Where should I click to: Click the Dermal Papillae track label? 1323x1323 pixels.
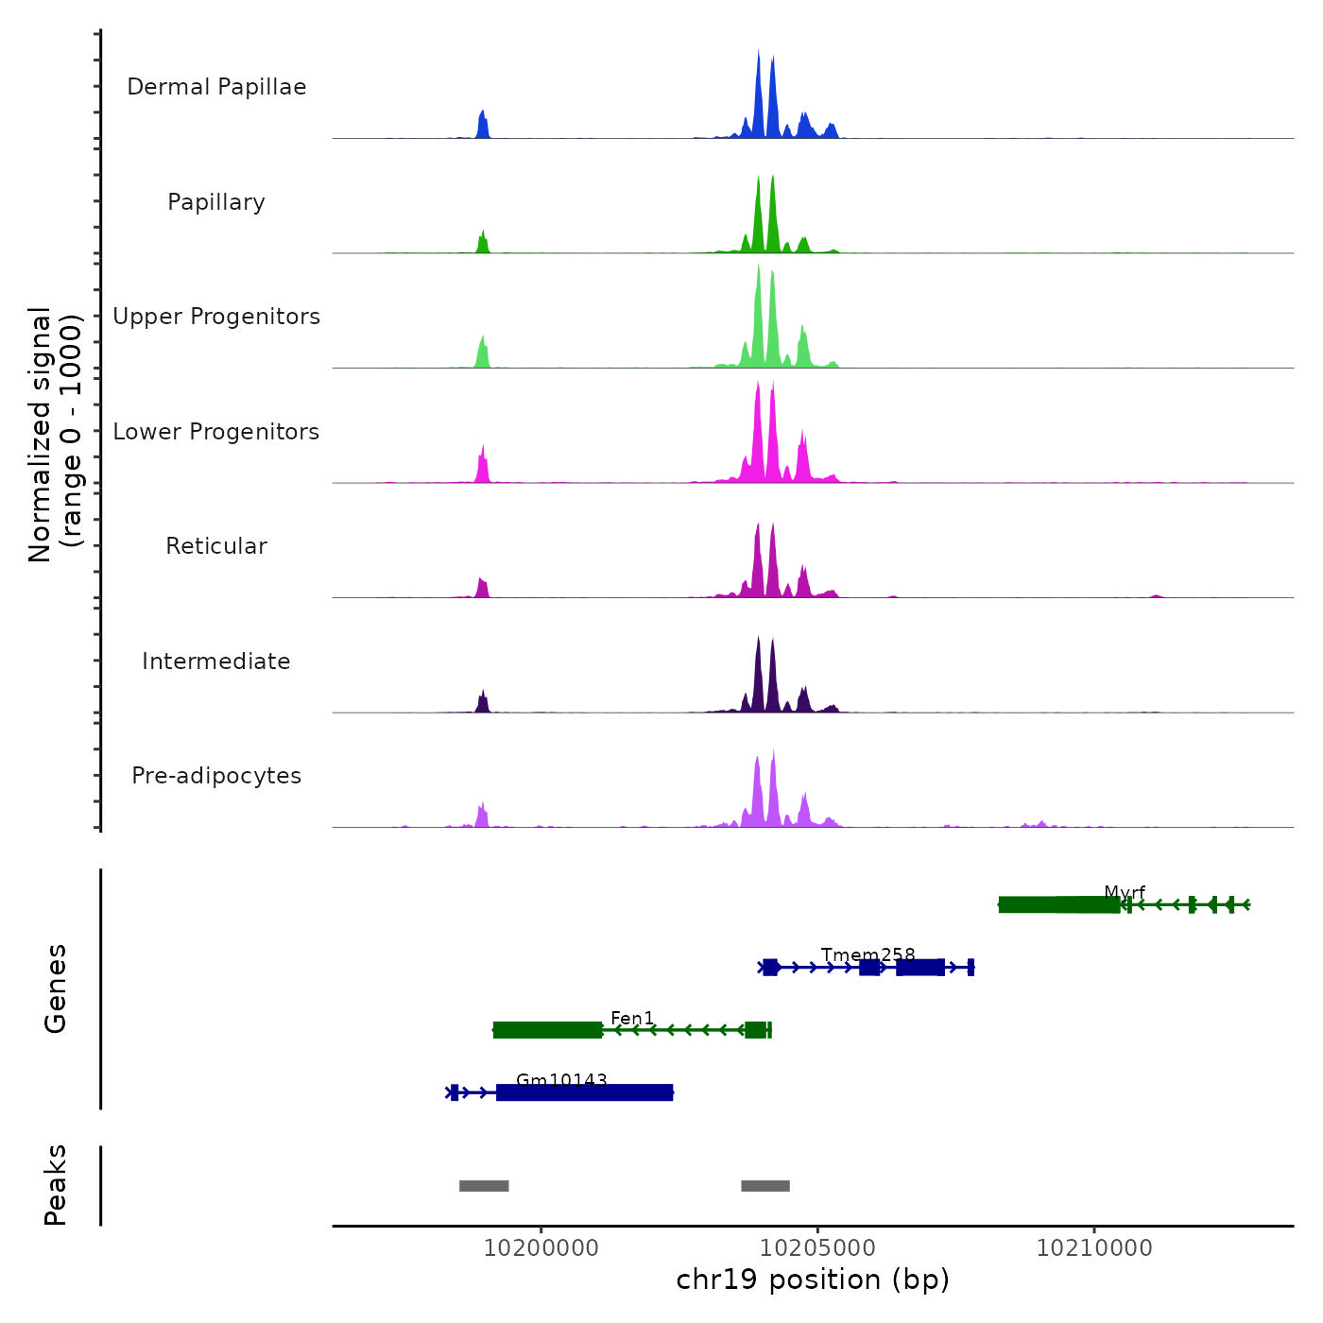pos(216,87)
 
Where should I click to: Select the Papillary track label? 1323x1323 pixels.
pos(216,202)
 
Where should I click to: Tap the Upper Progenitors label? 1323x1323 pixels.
pos(216,317)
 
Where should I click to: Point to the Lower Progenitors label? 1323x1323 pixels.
pos(216,432)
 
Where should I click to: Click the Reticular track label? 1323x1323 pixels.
pos(216,546)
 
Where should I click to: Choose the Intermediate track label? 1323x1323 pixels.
pos(216,661)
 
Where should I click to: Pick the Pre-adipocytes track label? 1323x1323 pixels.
pos(216,776)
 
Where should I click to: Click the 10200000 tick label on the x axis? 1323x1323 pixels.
pos(541,1248)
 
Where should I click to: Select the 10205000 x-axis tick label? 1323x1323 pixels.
pos(817,1248)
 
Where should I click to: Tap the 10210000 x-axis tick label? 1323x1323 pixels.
pos(1094,1248)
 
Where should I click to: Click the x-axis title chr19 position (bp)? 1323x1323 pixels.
pos(813,1280)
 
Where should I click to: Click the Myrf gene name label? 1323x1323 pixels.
pos(1125,893)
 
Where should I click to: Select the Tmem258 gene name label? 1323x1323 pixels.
pos(868,955)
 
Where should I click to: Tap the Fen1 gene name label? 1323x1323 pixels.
pos(632,1018)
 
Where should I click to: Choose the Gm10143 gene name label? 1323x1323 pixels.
pos(561,1080)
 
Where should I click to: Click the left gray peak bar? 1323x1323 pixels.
pos(484,1186)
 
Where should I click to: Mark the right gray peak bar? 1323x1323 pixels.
pos(765,1186)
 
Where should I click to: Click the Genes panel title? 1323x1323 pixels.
pos(56,988)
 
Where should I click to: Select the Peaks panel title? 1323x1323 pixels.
pos(56,1185)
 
